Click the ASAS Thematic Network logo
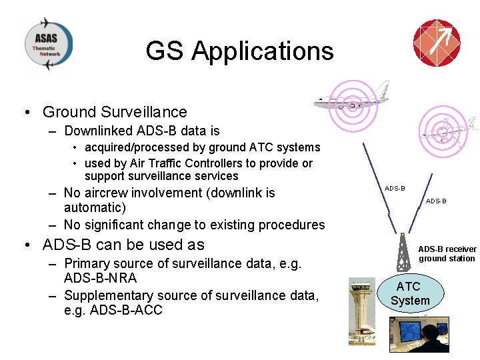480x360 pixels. (x=49, y=43)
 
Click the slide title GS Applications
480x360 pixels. (x=239, y=51)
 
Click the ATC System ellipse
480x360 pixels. (x=409, y=293)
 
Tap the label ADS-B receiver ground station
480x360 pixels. (x=447, y=254)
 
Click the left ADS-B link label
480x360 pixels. (x=395, y=189)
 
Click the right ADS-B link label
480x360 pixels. (x=436, y=201)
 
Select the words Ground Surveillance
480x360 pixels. (x=115, y=112)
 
